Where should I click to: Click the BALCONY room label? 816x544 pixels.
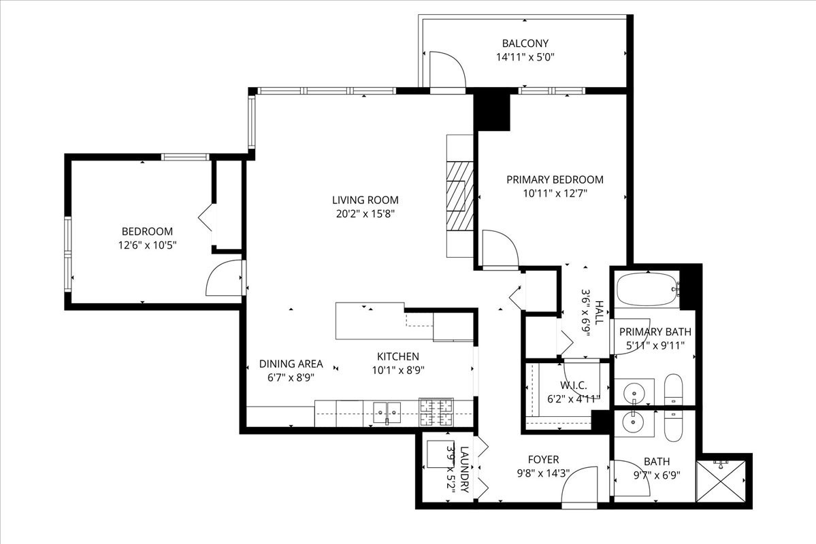click(x=525, y=44)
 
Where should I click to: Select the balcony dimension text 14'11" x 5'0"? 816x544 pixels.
click(x=525, y=58)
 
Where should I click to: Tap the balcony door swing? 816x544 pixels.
click(x=446, y=69)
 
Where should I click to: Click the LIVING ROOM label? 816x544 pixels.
click(x=365, y=200)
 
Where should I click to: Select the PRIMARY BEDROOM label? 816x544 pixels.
click(x=555, y=180)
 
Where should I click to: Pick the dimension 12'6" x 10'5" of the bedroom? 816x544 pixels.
click(x=147, y=245)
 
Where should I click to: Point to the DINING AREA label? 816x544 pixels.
click(x=291, y=364)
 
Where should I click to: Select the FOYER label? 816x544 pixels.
click(x=543, y=460)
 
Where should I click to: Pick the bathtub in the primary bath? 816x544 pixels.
click(x=647, y=290)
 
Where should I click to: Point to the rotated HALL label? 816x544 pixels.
click(x=599, y=312)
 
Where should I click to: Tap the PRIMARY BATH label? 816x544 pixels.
click(x=655, y=332)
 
